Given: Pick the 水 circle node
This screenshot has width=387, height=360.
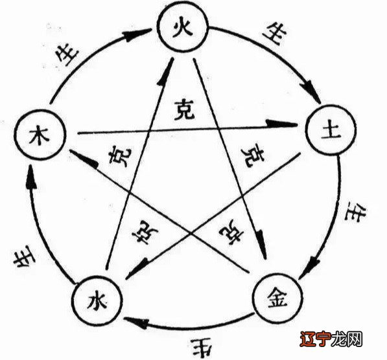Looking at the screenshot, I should tap(95, 300).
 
